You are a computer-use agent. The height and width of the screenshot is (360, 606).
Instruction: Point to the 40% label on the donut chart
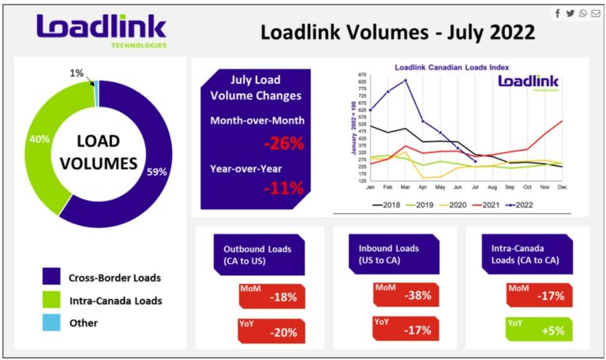click(x=39, y=138)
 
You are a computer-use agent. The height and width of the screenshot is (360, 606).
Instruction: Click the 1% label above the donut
click(x=77, y=73)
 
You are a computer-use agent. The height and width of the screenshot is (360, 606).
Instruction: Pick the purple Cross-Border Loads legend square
click(x=51, y=278)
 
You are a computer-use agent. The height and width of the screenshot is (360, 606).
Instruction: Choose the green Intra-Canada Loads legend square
click(x=51, y=301)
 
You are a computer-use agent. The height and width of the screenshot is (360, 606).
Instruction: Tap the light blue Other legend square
click(x=51, y=324)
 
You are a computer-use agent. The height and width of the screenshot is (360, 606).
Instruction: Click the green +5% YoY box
click(x=539, y=330)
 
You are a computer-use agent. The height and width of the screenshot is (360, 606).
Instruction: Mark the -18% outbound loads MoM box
click(x=271, y=296)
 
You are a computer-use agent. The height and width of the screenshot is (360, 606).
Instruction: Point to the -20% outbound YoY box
click(x=271, y=330)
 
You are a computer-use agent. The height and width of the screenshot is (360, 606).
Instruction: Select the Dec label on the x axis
click(x=562, y=187)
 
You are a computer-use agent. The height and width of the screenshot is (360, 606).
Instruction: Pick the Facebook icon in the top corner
click(x=558, y=13)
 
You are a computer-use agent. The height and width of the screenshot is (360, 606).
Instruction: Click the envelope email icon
click(x=595, y=13)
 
